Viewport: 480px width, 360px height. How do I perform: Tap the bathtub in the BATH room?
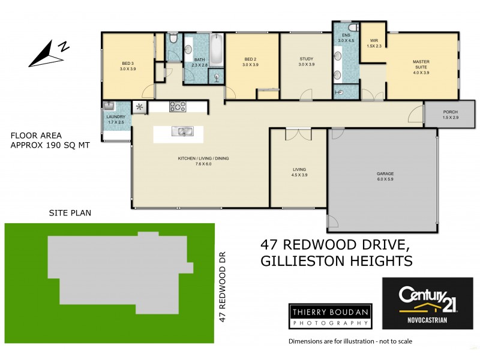click(x=216, y=50)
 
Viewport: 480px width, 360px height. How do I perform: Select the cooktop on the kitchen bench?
click(x=178, y=107)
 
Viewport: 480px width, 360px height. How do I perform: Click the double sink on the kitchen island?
click(x=181, y=131)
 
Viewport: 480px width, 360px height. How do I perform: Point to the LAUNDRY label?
click(x=115, y=117)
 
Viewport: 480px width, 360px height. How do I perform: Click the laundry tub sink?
click(x=109, y=106)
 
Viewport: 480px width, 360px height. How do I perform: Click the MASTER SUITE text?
click(x=421, y=64)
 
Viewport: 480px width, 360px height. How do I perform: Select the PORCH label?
click(x=450, y=112)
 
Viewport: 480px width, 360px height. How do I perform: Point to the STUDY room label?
click(x=307, y=59)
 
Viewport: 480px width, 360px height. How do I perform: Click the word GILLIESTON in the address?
click(x=301, y=261)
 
